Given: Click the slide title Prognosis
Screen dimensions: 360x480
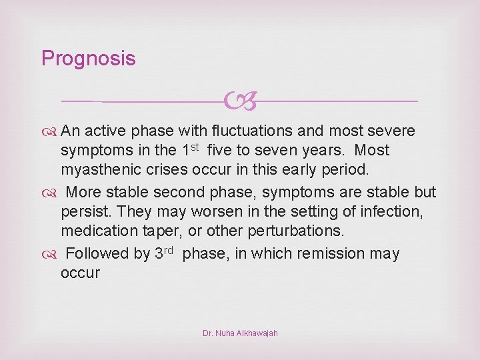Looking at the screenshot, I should tap(88, 59).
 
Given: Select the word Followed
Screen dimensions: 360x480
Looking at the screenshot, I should tap(99, 254).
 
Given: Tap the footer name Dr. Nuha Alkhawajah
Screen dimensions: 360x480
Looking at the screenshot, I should tap(240, 333).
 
